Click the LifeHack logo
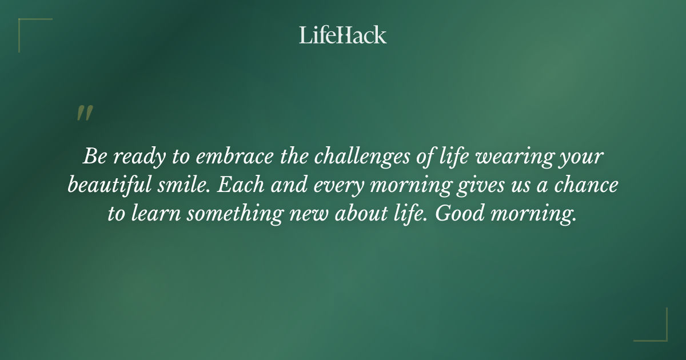click(x=343, y=35)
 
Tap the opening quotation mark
click(x=85, y=114)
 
